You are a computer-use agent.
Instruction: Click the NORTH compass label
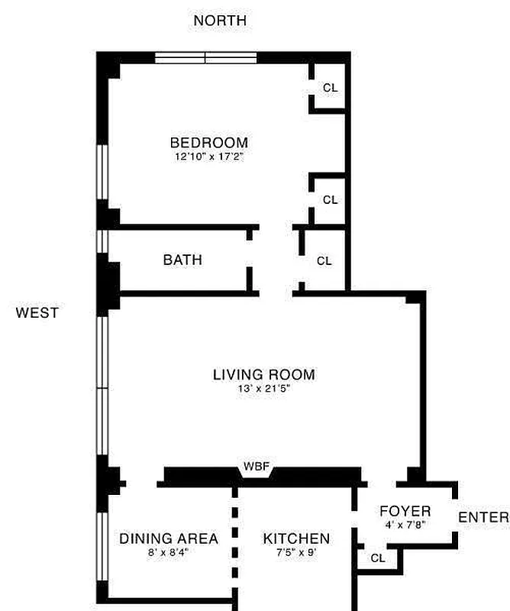click(x=220, y=21)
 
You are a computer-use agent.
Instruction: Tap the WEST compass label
click(x=37, y=312)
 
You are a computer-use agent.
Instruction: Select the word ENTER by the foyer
click(x=483, y=517)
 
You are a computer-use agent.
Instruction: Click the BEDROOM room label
click(x=209, y=143)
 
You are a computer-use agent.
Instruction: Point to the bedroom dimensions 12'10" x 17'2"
click(x=209, y=157)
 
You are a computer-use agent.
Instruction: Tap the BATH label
click(x=182, y=260)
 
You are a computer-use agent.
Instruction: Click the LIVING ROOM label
click(x=264, y=374)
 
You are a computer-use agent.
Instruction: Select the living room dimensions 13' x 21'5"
click(x=264, y=389)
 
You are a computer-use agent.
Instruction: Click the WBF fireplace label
click(x=257, y=466)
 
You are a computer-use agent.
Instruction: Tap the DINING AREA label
click(x=169, y=538)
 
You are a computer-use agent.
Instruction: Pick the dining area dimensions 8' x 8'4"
click(x=168, y=552)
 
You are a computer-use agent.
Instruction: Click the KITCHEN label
click(x=296, y=538)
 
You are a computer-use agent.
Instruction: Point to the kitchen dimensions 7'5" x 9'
click(x=296, y=552)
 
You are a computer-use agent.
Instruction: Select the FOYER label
click(x=405, y=511)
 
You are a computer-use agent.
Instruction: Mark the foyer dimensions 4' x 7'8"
click(x=405, y=525)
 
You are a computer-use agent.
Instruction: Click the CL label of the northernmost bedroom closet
click(x=331, y=88)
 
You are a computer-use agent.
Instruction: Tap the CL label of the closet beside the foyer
click(x=377, y=558)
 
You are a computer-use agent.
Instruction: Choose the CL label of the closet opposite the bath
click(x=324, y=260)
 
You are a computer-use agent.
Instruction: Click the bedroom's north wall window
click(x=205, y=58)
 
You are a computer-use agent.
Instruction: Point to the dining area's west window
click(x=102, y=546)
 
